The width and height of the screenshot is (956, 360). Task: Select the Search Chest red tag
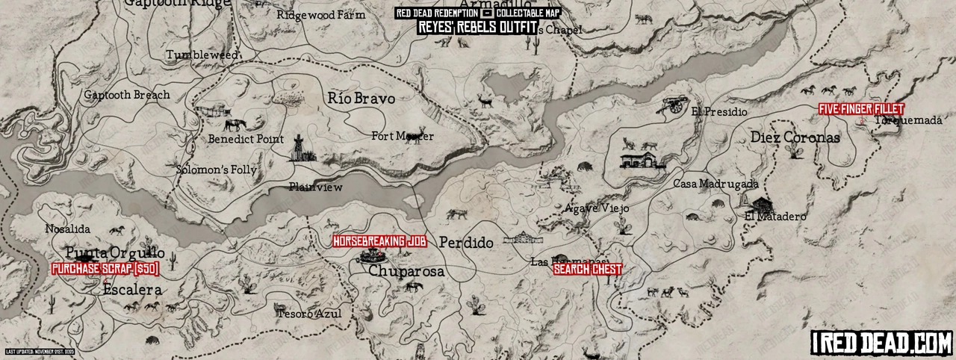[587, 270]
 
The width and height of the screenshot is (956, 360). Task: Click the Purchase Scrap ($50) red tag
[105, 267]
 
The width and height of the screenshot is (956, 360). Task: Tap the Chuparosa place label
[406, 272]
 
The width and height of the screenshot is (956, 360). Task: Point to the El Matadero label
[775, 217]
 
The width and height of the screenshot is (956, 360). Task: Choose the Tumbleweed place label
[202, 55]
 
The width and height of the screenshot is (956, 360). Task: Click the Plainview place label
[316, 187]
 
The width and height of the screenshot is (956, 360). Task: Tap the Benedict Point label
[246, 139]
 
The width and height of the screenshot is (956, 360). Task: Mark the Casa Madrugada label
[716, 184]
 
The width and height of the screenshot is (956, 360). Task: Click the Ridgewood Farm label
[321, 15]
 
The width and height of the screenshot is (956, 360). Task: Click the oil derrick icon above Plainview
[299, 147]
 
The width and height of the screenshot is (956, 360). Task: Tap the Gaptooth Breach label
[127, 95]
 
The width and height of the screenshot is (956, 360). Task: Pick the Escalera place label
[132, 289]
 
